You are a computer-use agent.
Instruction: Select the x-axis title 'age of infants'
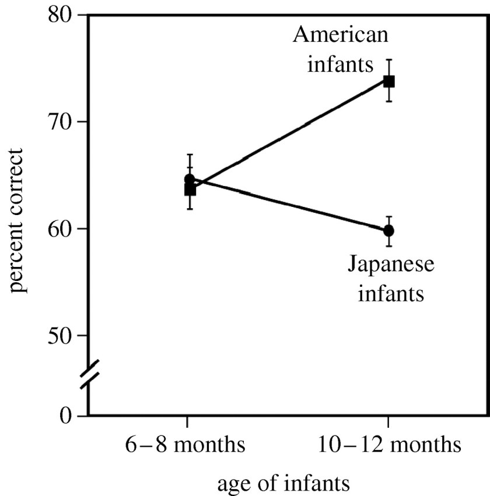[x=283, y=483]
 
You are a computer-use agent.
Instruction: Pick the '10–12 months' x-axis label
[x=389, y=446]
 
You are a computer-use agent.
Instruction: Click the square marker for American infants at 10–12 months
[x=388, y=81]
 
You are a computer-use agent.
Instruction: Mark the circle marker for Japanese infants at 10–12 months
[x=388, y=231]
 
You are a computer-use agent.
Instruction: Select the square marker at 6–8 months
[x=190, y=190]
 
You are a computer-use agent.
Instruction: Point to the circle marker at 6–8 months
[x=189, y=179]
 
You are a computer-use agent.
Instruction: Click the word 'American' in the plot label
[x=341, y=36]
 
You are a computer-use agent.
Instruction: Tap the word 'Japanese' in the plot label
[x=391, y=265]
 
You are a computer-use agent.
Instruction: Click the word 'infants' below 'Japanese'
[x=390, y=292]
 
